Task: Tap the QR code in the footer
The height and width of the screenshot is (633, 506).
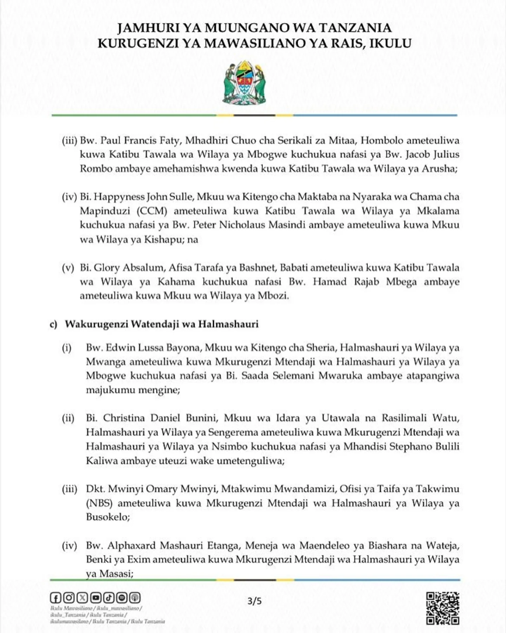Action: click(443, 608)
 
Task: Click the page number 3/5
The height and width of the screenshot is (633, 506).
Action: click(254, 601)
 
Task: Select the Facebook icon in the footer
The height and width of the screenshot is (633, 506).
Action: click(56, 598)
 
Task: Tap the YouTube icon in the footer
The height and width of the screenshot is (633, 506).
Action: click(96, 598)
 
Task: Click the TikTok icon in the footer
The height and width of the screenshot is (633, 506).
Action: click(109, 598)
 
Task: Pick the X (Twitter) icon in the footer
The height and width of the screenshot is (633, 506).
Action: click(82, 598)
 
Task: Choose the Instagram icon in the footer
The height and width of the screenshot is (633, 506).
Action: click(69, 598)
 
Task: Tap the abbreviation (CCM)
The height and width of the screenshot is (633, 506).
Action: click(152, 211)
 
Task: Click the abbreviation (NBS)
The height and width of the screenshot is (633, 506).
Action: click(99, 503)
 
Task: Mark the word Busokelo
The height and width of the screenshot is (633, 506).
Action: click(107, 517)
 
